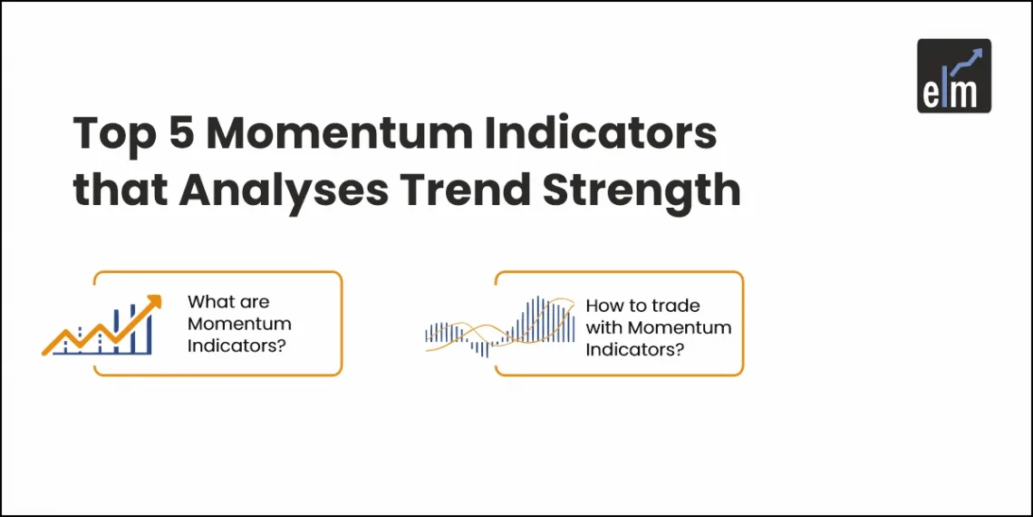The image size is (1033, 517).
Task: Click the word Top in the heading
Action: (112, 134)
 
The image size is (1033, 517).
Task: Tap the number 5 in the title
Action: (181, 134)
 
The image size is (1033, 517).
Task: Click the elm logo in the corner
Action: (953, 75)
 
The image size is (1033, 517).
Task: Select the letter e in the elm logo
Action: (933, 94)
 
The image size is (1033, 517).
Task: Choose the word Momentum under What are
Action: (238, 324)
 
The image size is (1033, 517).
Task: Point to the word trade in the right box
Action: (675, 306)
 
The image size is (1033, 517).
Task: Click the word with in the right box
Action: (604, 327)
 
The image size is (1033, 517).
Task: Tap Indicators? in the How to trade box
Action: (634, 349)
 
